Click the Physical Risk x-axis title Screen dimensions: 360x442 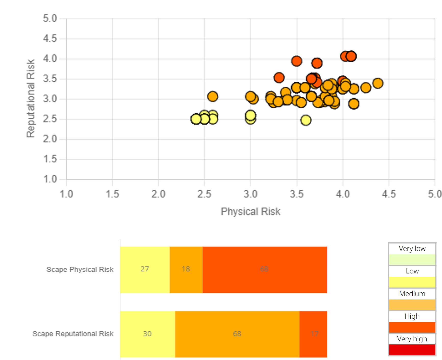tap(250, 212)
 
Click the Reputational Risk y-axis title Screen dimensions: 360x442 tap(31, 99)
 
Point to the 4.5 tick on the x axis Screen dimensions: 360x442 tap(389, 194)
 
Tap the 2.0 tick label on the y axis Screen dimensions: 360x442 tap(50, 139)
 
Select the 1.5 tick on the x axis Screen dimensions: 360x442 tap(112, 194)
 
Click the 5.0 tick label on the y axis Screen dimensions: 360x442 tap(50, 18)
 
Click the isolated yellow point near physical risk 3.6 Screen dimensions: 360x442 tap(306, 120)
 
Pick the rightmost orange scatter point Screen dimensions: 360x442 tap(378, 83)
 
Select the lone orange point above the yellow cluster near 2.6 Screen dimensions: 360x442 tap(213, 97)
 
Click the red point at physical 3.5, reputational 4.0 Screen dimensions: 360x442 tap(297, 61)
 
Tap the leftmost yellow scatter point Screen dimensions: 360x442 tap(196, 119)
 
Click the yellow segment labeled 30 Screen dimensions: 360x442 tap(147, 334)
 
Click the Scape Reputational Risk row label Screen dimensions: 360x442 tap(73, 334)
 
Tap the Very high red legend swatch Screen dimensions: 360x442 tap(412, 350)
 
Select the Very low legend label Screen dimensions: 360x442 tap(412, 249)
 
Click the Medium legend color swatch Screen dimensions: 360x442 tap(412, 305)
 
